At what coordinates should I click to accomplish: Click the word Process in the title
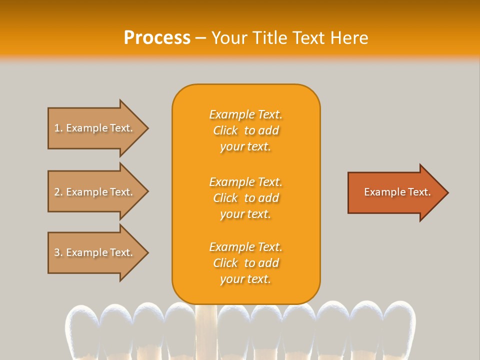click(x=157, y=38)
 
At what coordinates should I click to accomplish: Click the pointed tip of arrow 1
click(x=146, y=128)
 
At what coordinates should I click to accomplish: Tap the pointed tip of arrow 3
click(x=146, y=253)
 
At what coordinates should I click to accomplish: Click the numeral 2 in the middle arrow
click(x=57, y=192)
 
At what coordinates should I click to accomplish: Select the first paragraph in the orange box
click(x=245, y=130)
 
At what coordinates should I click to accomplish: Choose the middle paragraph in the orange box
click(x=245, y=198)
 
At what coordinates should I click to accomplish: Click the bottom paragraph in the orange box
click(x=245, y=263)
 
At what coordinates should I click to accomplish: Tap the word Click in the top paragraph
click(x=225, y=130)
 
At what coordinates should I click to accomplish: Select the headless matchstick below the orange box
click(x=206, y=330)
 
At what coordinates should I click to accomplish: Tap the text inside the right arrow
click(x=397, y=192)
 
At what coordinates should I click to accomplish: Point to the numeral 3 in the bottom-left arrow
click(x=57, y=253)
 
